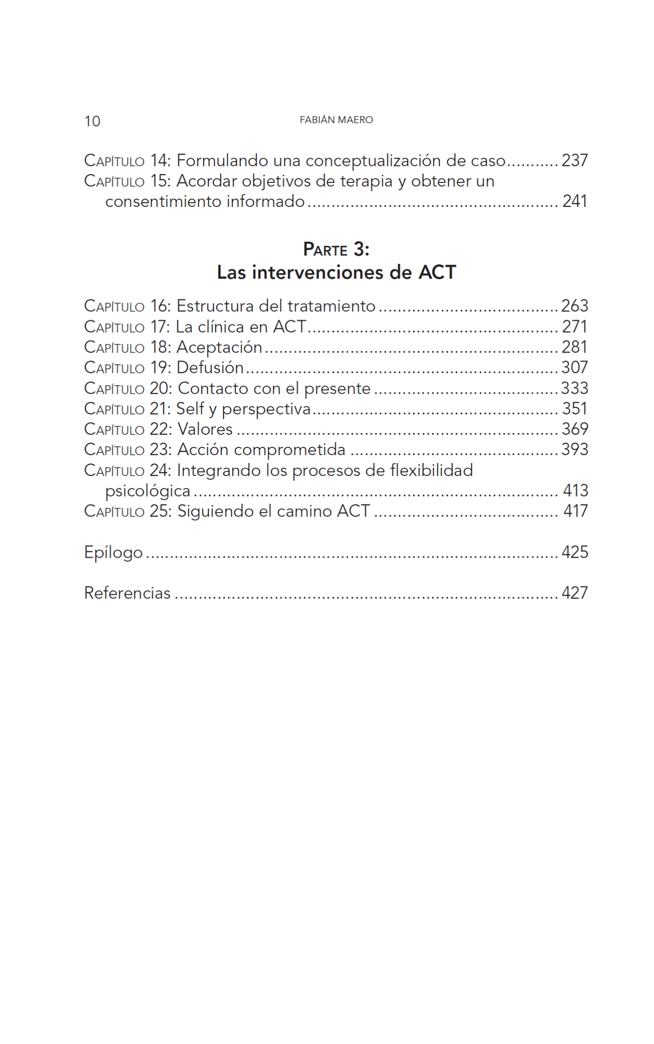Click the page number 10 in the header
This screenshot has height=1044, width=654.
[x=92, y=121]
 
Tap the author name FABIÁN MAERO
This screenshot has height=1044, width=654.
[x=336, y=120]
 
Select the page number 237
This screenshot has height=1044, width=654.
[x=575, y=161]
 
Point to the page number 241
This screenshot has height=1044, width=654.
[x=575, y=201]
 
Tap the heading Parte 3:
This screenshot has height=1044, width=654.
[x=336, y=250]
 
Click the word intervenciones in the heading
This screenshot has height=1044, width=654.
[x=318, y=272]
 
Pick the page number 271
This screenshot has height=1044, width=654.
[x=575, y=327]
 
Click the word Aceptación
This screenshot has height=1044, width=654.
[x=219, y=347]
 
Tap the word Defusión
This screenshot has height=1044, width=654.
[x=210, y=367]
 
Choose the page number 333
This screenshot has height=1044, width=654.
[x=575, y=388]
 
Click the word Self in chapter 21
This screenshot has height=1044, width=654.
[x=190, y=408]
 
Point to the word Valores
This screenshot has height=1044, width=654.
[x=205, y=429]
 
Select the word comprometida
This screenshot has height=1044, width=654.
[x=289, y=450]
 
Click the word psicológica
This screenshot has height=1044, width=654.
[x=147, y=491]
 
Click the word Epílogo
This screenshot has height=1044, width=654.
[x=113, y=552]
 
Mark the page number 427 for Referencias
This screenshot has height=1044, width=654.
[x=575, y=593]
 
